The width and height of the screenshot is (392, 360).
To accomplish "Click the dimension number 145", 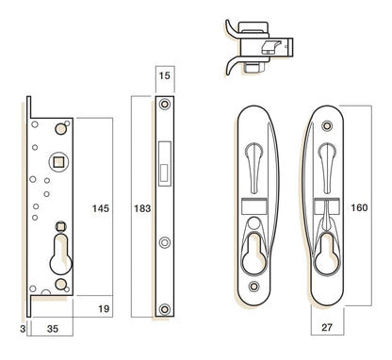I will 102,206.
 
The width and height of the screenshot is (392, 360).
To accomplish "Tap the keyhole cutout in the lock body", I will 61,256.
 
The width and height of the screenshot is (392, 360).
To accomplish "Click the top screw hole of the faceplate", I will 165,104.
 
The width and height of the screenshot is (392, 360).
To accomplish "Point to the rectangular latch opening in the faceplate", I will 166,160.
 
